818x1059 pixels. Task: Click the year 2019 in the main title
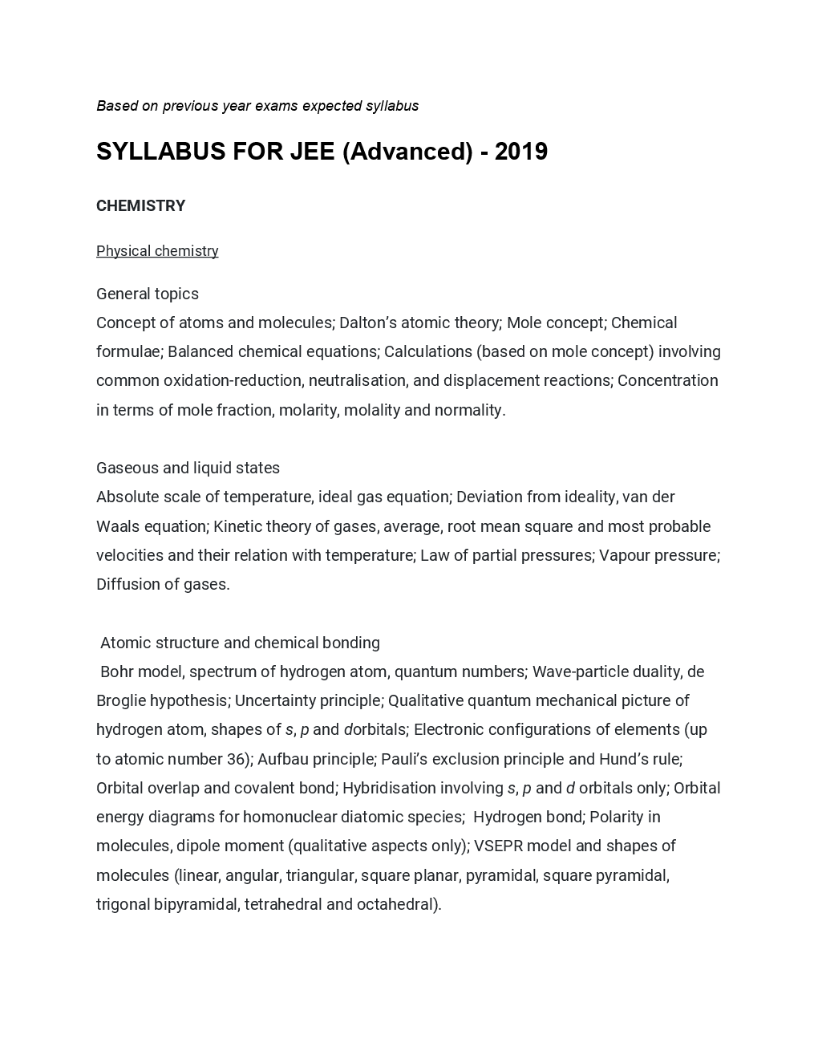(520, 152)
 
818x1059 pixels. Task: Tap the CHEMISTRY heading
(141, 206)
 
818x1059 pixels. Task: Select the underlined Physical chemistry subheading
(157, 251)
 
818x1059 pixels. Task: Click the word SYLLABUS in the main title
(161, 152)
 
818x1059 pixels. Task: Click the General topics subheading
(148, 294)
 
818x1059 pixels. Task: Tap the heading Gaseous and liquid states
(188, 468)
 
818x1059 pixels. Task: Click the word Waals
(117, 526)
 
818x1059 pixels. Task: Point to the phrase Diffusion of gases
(163, 584)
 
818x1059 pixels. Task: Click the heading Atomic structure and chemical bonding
(240, 643)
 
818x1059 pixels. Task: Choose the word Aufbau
(283, 759)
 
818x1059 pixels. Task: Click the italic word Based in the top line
(117, 106)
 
